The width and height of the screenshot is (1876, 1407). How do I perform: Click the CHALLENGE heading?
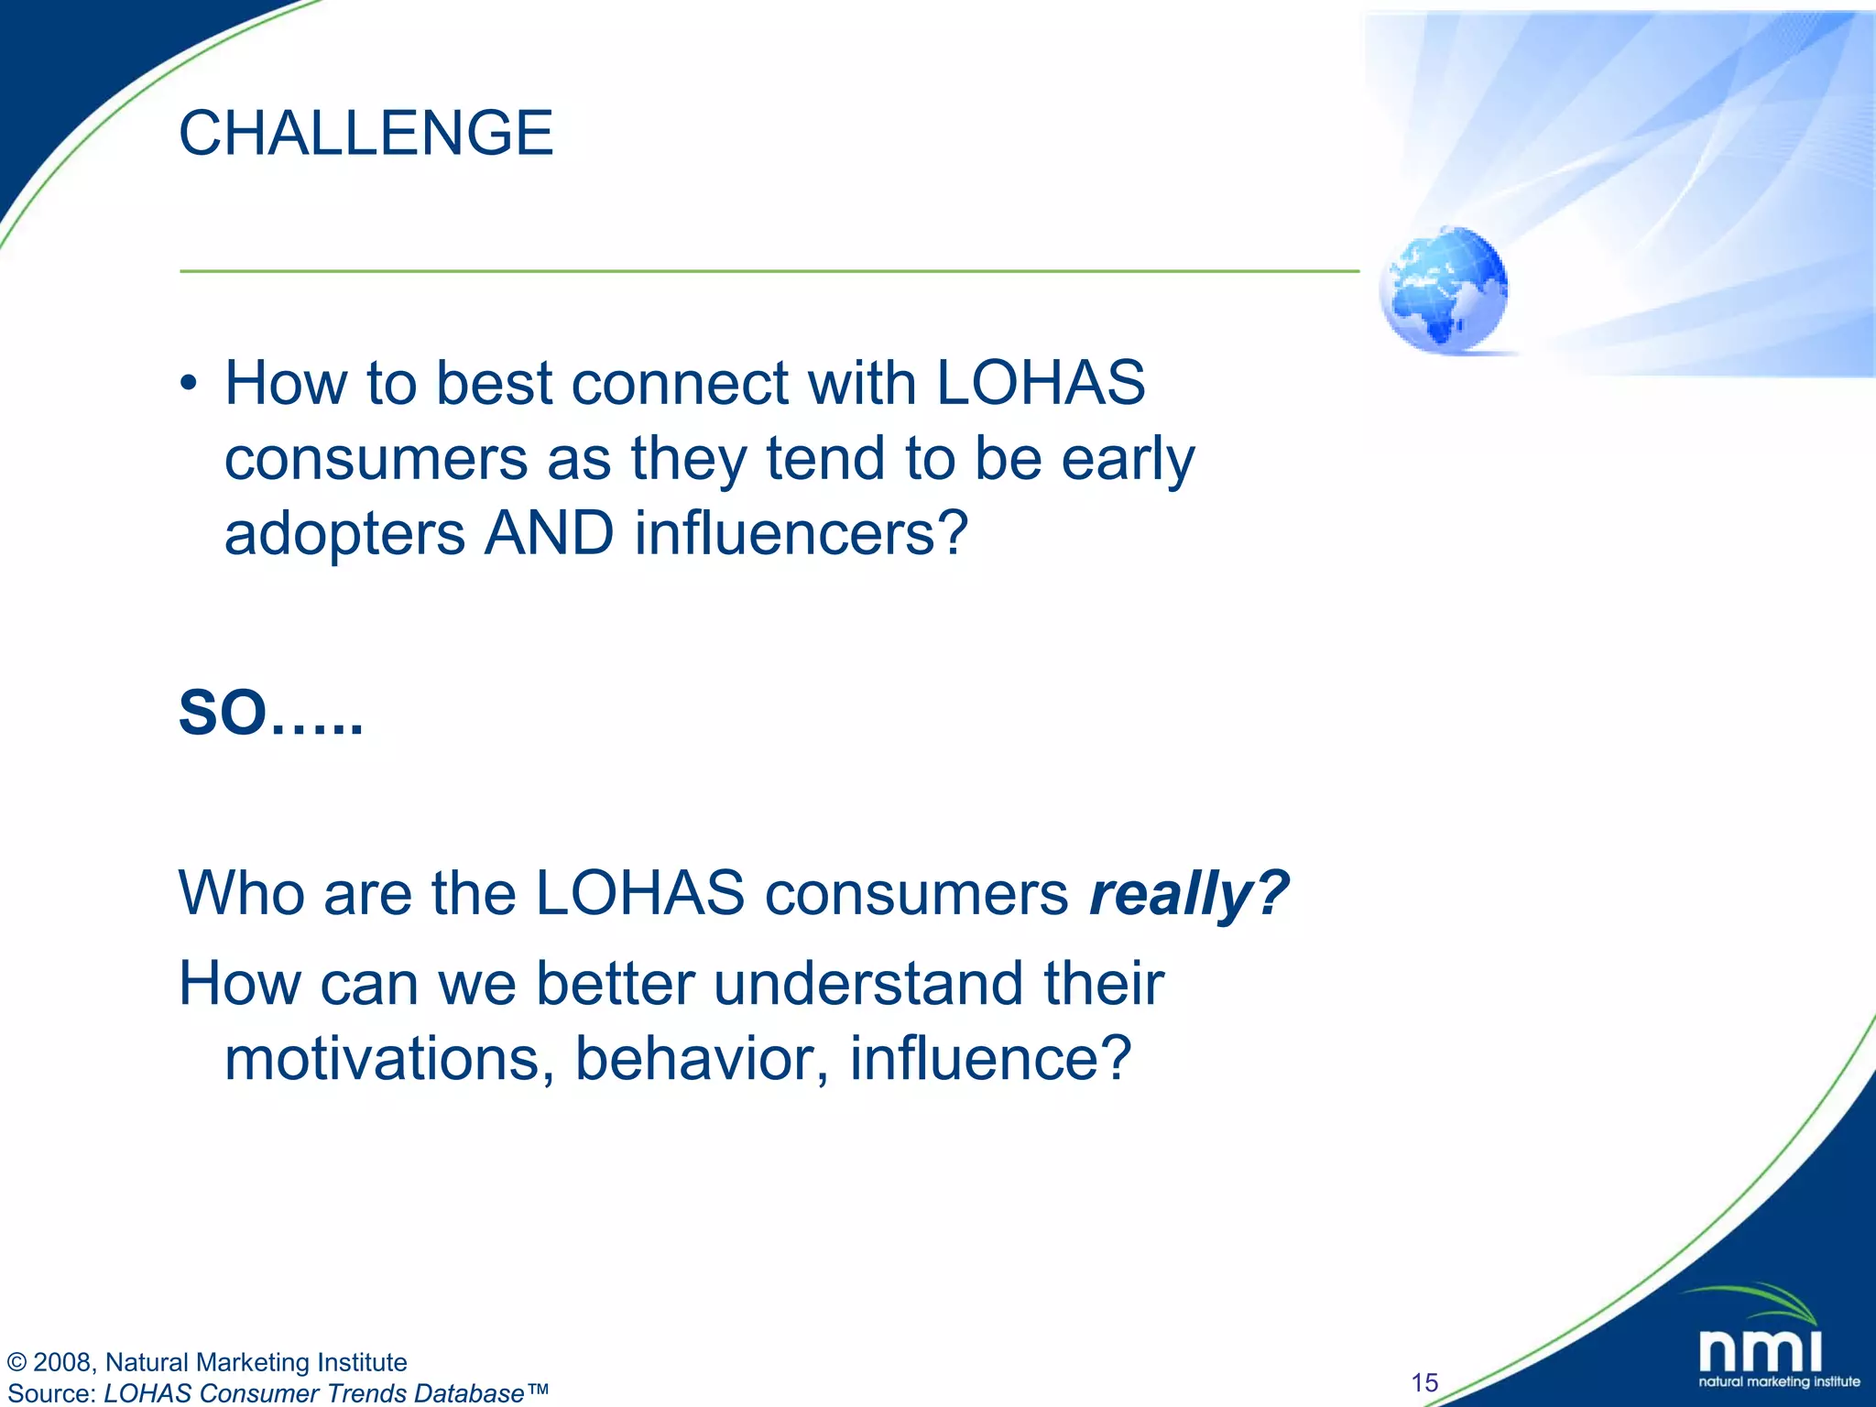click(x=365, y=134)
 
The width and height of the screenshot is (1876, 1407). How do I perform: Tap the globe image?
click(x=1444, y=289)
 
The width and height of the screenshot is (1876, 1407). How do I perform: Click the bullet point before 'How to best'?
click(x=188, y=385)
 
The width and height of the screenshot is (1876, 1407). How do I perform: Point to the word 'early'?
click(x=1128, y=458)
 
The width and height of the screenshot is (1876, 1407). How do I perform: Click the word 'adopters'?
click(x=344, y=534)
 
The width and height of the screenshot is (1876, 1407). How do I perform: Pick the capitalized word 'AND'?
click(x=549, y=533)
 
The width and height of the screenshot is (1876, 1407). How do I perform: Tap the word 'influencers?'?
click(x=802, y=533)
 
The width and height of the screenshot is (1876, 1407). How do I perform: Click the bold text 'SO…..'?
click(x=271, y=714)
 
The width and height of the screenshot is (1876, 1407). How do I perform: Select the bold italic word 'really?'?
click(x=1188, y=893)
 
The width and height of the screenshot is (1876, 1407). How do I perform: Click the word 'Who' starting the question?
click(x=242, y=893)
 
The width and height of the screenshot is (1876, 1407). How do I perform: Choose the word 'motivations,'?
click(x=389, y=1059)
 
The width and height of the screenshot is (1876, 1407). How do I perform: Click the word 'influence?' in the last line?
click(x=990, y=1059)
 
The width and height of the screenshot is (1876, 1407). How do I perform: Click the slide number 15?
click(x=1424, y=1382)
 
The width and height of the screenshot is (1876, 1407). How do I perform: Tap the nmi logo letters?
click(x=1760, y=1351)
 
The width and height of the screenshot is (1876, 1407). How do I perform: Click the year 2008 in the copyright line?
click(x=61, y=1363)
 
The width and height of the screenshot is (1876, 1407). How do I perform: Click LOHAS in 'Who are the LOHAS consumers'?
click(x=639, y=893)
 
